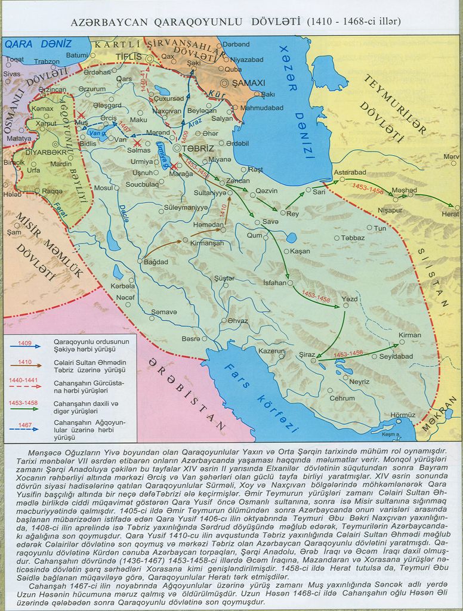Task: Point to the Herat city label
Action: (450, 214)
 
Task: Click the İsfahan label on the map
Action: (274, 283)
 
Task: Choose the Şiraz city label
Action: (307, 354)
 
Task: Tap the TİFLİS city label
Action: (128, 57)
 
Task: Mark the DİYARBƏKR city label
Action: (39, 144)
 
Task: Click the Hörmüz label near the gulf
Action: (402, 415)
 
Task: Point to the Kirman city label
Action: (410, 335)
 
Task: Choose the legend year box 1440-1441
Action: (24, 381)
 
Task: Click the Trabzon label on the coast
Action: (47, 61)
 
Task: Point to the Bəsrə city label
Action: (191, 338)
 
